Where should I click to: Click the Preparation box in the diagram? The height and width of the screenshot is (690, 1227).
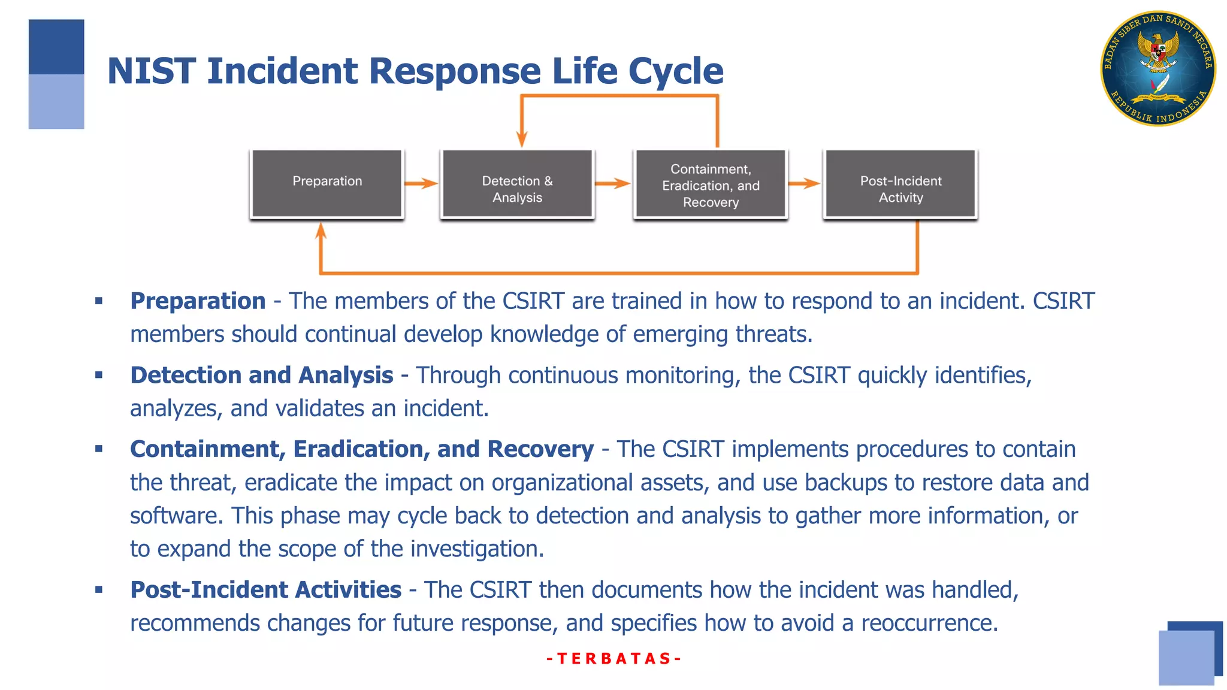[327, 183]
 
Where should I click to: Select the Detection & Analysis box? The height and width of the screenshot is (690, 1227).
[517, 184]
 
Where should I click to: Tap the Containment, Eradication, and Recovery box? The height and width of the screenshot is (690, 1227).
[711, 184]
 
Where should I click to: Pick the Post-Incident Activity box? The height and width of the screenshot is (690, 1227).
[900, 184]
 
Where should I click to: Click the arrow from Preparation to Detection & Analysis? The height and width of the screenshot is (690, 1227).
[421, 183]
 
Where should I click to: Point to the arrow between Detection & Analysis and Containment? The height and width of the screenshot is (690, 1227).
[612, 183]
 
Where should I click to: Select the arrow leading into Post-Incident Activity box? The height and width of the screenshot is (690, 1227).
[804, 183]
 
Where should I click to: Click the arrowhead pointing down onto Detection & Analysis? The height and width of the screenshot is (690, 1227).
[522, 139]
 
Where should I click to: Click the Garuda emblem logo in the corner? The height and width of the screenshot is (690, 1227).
[1158, 68]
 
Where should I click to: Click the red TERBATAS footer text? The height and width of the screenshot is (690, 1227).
[614, 659]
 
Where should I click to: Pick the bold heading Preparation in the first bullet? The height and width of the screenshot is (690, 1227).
[198, 301]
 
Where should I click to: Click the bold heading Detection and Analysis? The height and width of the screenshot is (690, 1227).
[262, 376]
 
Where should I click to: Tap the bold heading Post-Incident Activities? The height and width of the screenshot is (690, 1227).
[265, 590]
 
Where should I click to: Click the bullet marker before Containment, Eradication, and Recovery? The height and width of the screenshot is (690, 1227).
[99, 449]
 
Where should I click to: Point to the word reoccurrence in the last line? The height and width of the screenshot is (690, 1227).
[929, 624]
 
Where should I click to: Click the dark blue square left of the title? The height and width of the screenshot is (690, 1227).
[56, 47]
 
